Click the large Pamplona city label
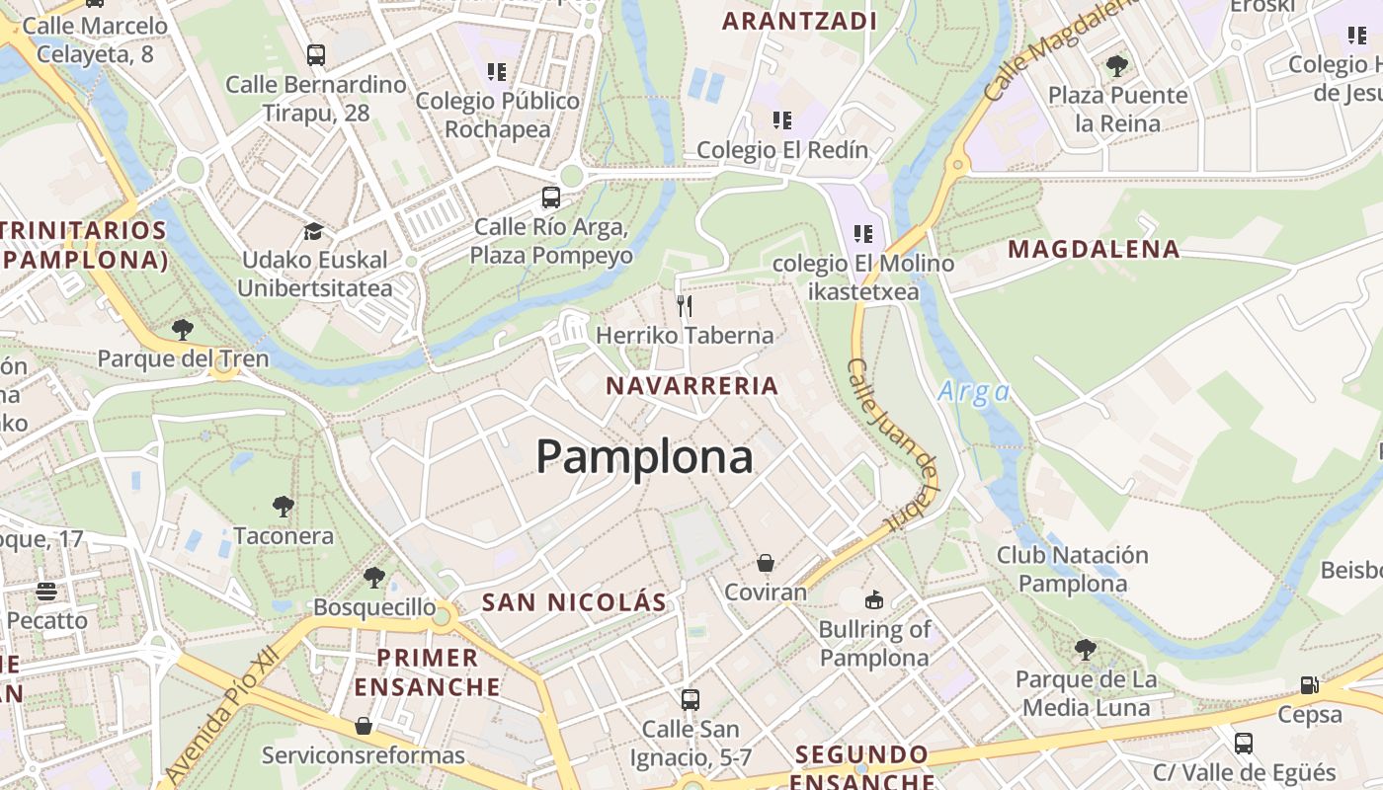644,457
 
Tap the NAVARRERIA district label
692,386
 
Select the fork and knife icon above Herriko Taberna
685,305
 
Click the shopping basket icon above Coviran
766,563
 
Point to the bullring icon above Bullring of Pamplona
874,599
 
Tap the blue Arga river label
973,392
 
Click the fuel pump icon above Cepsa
1309,684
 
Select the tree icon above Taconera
284,507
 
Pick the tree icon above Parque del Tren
182,329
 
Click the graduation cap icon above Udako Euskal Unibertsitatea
313,231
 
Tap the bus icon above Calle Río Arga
551,197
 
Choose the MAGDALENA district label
1094,250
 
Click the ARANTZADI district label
799,22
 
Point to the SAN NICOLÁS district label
574,602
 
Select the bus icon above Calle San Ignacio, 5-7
691,700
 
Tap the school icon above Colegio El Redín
782,120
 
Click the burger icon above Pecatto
46,592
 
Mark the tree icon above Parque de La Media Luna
1086,650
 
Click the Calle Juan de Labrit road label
892,444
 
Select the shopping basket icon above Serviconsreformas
364,726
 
